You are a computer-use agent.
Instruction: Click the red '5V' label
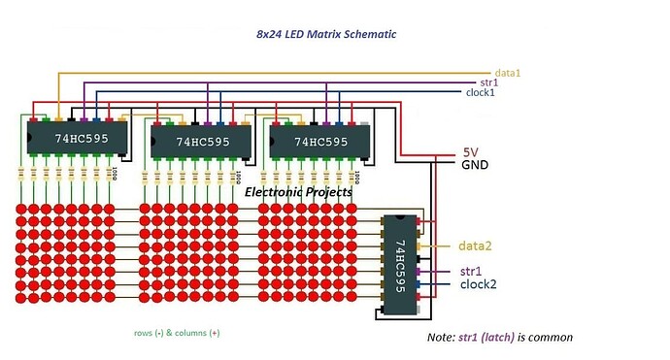click(x=470, y=153)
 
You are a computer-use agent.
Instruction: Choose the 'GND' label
click(x=475, y=166)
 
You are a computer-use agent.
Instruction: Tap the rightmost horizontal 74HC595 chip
click(x=320, y=142)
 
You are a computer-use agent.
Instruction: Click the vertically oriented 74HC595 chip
click(x=401, y=263)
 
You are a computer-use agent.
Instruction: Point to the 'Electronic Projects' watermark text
click(x=298, y=192)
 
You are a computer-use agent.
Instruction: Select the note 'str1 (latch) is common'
click(x=500, y=338)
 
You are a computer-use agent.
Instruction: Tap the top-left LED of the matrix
click(x=20, y=210)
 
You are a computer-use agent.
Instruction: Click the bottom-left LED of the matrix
click(x=20, y=298)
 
